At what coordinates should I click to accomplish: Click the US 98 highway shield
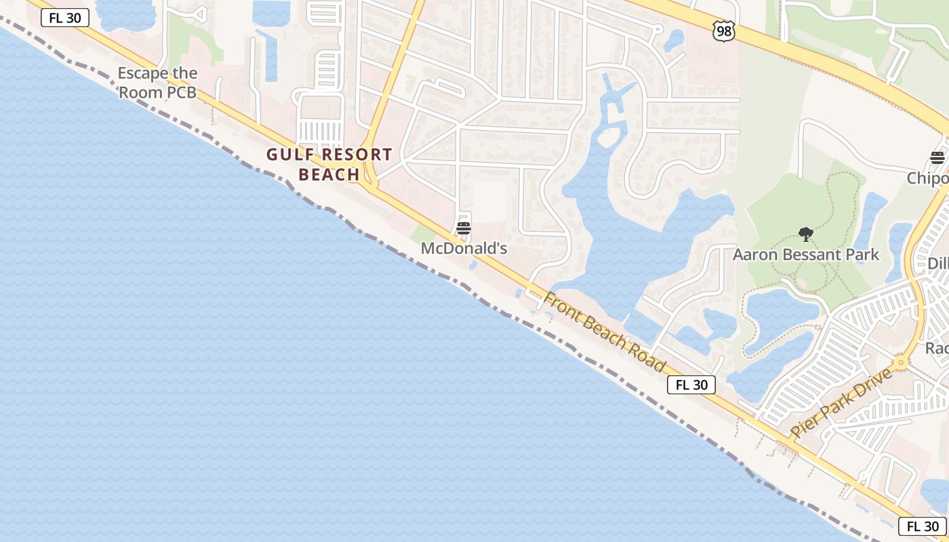(x=724, y=30)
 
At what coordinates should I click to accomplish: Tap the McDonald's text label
(x=464, y=249)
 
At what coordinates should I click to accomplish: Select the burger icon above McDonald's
(x=464, y=228)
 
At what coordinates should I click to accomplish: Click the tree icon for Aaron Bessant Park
(x=806, y=235)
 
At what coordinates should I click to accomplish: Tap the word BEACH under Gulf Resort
(x=329, y=175)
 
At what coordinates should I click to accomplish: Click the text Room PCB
(x=158, y=91)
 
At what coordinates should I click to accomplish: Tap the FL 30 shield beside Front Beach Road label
(x=691, y=385)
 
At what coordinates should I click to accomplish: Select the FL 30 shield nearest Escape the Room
(x=65, y=18)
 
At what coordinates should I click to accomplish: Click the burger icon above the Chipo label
(x=937, y=158)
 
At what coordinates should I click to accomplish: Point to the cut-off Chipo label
(x=928, y=178)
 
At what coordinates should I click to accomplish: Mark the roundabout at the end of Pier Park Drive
(x=901, y=362)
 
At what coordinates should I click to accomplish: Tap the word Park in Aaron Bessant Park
(x=860, y=255)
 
